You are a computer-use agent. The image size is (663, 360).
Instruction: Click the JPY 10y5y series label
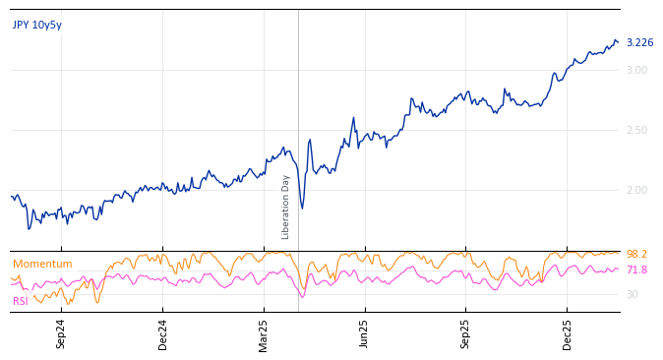coord(37,26)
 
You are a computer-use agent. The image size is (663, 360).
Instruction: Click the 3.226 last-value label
coord(639,43)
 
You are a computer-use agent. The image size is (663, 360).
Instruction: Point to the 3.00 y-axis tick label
coord(636,71)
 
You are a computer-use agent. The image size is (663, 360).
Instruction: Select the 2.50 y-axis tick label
coord(636,131)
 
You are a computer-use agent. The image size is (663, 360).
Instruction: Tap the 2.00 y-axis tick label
coord(636,191)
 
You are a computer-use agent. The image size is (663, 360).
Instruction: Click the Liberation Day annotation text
coord(286,207)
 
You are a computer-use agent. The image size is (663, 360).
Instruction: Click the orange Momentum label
coord(42,265)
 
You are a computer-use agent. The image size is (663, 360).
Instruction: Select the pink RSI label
coord(21,301)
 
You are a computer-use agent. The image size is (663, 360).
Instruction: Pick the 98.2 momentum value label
coord(636,255)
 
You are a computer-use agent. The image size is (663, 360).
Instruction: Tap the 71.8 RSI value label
coord(636,270)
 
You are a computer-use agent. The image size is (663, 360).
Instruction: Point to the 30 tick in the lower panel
coord(632,295)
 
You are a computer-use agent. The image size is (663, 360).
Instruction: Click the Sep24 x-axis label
coord(61,333)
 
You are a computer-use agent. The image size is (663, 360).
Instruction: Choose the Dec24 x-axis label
coord(163,333)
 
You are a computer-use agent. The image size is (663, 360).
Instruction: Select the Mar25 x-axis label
coord(264,333)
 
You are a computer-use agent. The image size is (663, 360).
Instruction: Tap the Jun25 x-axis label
coord(365,333)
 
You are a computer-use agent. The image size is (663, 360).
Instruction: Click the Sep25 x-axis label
coord(466,333)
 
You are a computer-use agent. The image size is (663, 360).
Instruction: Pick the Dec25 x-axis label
coord(568,333)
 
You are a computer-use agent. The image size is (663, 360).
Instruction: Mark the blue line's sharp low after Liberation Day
coord(302,209)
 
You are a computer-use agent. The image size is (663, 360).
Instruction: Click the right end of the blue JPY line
coord(618,42)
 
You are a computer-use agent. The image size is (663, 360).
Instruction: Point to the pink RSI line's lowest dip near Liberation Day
coord(302,297)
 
